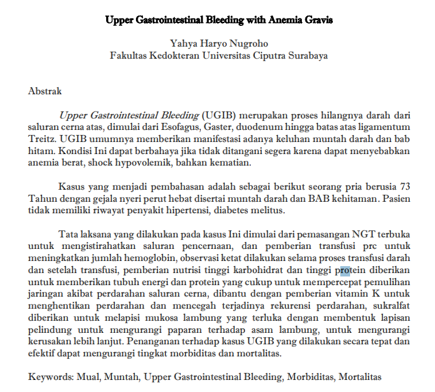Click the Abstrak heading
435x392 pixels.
tap(45, 91)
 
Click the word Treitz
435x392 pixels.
tap(40, 139)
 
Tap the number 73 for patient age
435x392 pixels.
tap(405, 187)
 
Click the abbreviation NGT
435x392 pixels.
tap(366, 235)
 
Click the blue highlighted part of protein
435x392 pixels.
tap(345, 271)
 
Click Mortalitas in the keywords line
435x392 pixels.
tap(359, 377)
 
